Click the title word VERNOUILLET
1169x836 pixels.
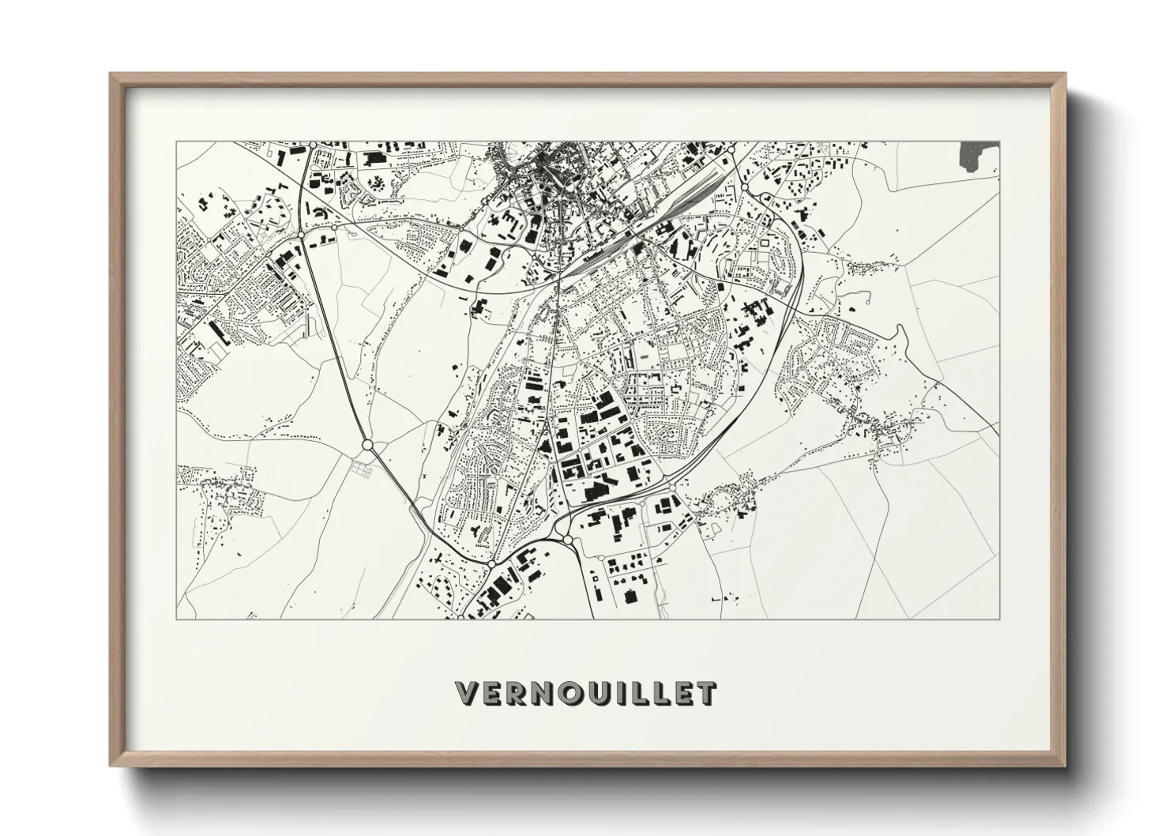(585, 692)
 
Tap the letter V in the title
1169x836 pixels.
(467, 693)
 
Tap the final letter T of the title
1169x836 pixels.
(707, 693)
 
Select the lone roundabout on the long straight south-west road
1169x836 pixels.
(367, 446)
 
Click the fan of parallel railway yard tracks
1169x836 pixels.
(695, 198)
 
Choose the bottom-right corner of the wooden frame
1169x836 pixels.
(1063, 766)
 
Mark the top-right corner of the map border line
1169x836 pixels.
(1000, 142)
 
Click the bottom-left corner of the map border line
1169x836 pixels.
(177, 619)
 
